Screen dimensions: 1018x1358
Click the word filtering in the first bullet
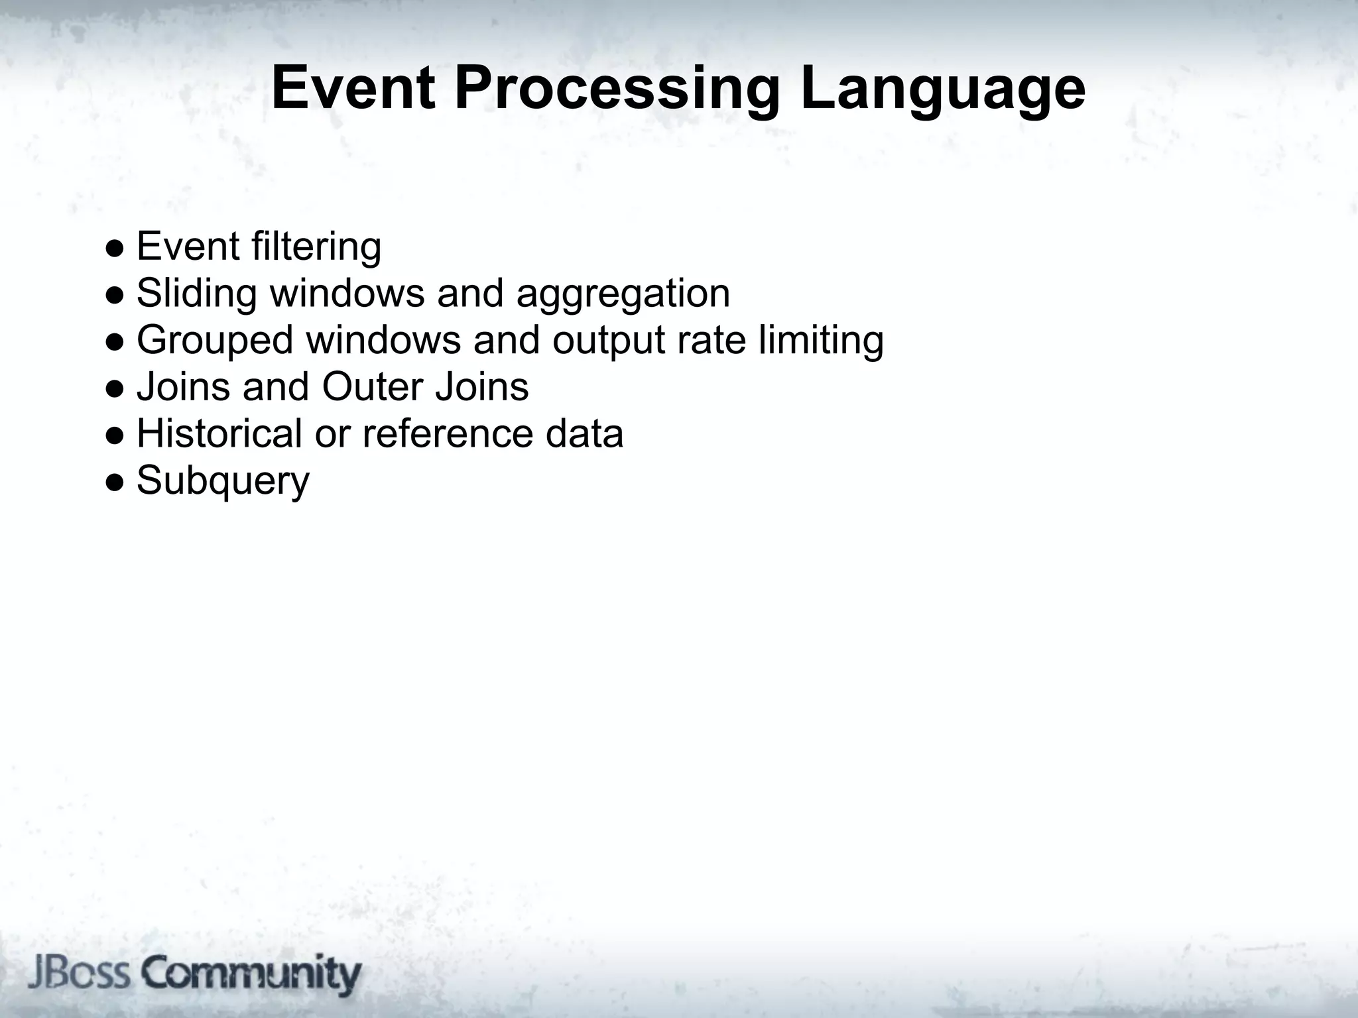pos(316,246)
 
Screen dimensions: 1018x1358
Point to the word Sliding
pos(196,293)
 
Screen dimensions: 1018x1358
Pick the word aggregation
pos(623,294)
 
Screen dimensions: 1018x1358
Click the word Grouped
pos(215,341)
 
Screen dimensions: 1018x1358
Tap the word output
pos(608,341)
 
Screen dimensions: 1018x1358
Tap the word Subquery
pos(223,481)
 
